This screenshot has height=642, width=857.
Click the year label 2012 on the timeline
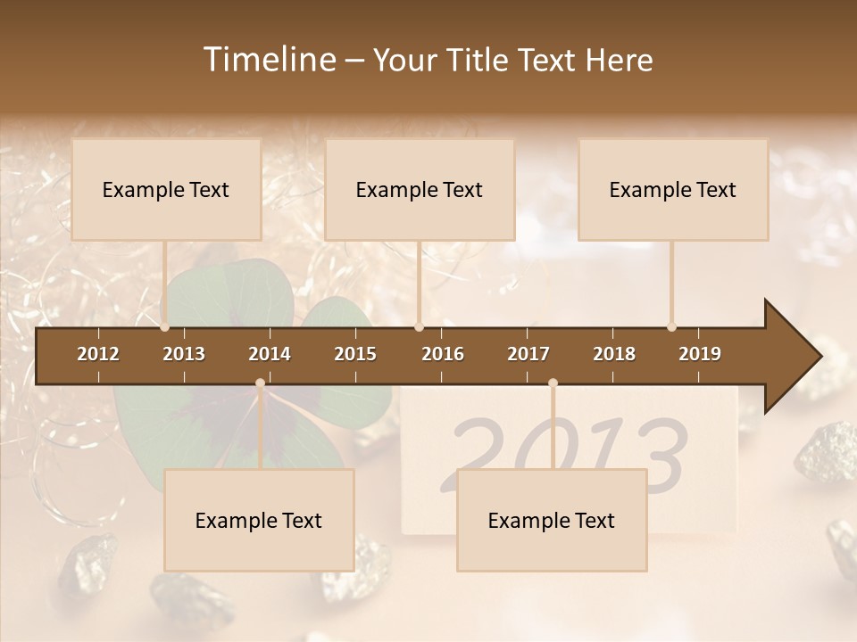98,354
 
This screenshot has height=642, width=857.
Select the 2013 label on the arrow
184,354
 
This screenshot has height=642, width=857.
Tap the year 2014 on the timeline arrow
270,354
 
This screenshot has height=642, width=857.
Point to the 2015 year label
355,354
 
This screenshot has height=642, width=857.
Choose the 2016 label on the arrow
443,354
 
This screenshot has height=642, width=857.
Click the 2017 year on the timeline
528,354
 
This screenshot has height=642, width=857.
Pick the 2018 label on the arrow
614,354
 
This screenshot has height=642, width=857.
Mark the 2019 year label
700,354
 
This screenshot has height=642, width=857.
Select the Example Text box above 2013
166,189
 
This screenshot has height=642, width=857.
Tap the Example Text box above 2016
420,189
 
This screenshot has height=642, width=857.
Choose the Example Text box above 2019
673,189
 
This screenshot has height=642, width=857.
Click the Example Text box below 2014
259,520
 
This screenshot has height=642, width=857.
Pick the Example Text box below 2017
552,520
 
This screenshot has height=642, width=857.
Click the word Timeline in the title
268,60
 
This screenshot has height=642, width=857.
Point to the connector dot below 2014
260,383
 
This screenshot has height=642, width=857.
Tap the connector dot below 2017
553,383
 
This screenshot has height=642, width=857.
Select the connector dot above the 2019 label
671,326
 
